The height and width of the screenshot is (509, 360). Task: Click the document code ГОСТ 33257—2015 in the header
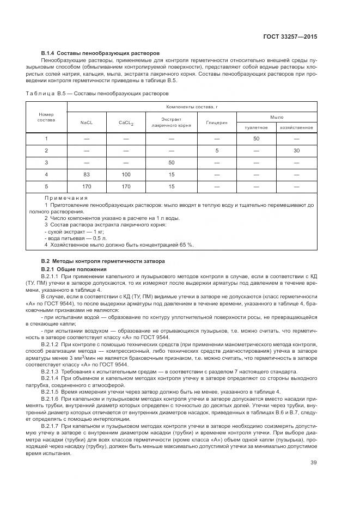[x=290, y=36]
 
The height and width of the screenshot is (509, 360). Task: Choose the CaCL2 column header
[x=126, y=122]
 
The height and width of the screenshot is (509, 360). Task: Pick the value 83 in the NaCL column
[x=87, y=174]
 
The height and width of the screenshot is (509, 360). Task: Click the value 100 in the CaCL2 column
[x=126, y=174]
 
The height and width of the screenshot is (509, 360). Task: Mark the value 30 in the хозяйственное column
[x=296, y=150]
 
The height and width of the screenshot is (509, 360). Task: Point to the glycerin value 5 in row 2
[x=216, y=150]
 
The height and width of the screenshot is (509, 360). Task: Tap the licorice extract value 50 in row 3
[x=171, y=162]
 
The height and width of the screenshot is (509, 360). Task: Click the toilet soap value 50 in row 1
[x=256, y=138]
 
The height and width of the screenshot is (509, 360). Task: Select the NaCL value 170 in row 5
[x=87, y=186]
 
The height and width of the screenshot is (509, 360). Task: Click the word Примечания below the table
[x=66, y=199]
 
